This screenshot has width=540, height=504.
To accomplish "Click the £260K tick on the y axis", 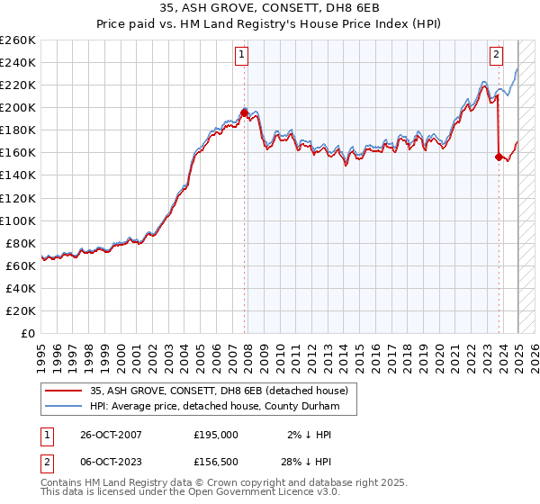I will pyautogui.click(x=17, y=40).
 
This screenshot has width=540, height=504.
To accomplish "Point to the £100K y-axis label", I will pyautogui.click(x=17, y=220).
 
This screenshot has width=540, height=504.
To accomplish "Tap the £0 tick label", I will pyautogui.click(x=27, y=333).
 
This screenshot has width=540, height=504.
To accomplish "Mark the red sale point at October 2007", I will pyautogui.click(x=244, y=113).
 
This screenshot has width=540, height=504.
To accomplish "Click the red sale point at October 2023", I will pyautogui.click(x=499, y=157).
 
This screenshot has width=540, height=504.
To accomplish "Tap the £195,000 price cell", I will pyautogui.click(x=216, y=435).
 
